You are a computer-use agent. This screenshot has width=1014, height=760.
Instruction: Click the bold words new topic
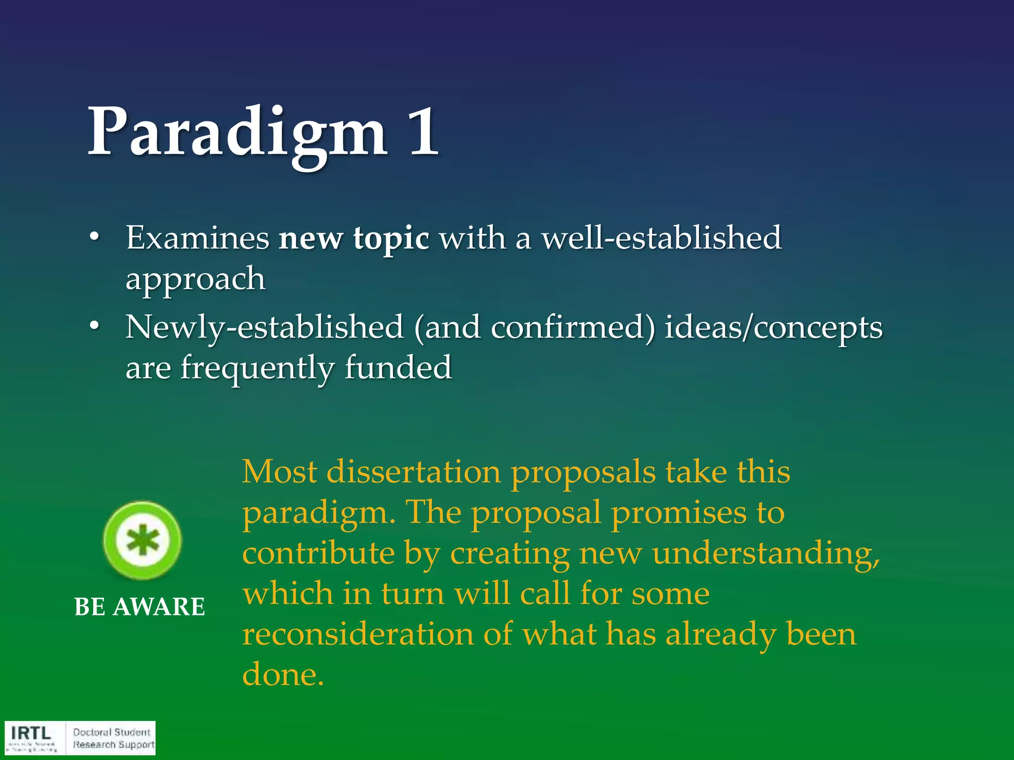[354, 238]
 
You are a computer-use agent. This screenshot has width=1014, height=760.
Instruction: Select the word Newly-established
[264, 328]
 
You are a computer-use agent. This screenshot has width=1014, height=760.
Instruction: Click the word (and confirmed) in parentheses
[534, 328]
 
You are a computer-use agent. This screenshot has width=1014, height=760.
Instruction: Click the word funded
[398, 368]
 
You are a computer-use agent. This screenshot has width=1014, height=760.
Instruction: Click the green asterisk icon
[142, 540]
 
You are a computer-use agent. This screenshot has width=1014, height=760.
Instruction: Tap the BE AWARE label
[140, 607]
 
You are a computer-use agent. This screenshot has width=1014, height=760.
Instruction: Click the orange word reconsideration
[357, 634]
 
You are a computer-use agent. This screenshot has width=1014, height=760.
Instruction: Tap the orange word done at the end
[282, 674]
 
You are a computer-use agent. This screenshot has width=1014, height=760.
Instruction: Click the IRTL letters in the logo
[31, 733]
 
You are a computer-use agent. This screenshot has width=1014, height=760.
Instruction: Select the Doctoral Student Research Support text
[113, 739]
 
